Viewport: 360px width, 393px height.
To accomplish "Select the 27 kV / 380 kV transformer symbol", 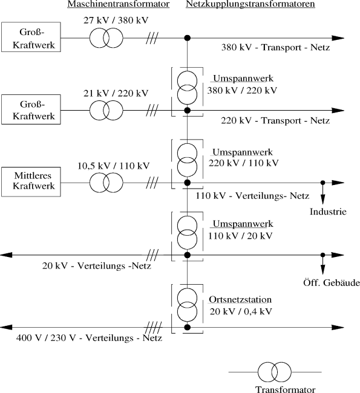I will (106, 38).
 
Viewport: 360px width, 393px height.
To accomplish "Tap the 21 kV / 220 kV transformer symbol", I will (106, 110).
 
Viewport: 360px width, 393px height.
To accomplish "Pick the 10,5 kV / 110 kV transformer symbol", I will (106, 182).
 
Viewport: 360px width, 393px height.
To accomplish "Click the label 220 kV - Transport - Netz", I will (276, 121).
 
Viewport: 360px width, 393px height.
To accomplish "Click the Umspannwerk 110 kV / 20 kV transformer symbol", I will (187, 232).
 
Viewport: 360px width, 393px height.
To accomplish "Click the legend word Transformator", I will (277, 389).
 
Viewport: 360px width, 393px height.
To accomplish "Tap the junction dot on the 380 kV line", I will (187, 38).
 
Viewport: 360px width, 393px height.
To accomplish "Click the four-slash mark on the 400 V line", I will (155, 328).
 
